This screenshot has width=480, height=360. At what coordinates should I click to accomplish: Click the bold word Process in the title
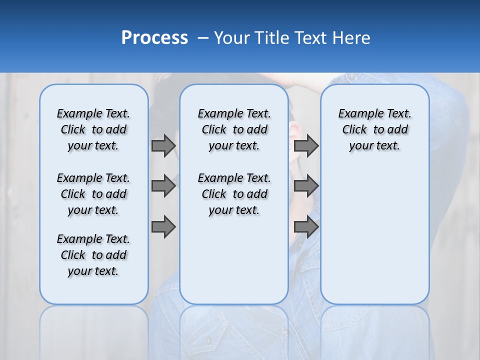[x=154, y=38]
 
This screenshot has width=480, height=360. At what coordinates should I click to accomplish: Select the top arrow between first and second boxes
[x=163, y=145]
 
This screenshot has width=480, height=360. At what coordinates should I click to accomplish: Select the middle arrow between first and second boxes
[x=163, y=186]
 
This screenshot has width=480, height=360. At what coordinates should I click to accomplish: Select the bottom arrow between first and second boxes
[x=163, y=227]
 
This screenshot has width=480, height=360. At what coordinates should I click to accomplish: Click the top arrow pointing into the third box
[x=306, y=145]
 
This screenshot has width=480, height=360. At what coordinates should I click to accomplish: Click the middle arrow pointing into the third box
[x=306, y=186]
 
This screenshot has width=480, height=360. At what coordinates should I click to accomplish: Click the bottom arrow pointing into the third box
[x=306, y=227]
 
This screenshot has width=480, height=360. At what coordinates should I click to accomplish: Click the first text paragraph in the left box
[x=93, y=129]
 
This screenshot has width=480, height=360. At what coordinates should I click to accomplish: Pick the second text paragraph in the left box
[x=93, y=194]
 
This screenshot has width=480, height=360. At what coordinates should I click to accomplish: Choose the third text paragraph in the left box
[x=93, y=255]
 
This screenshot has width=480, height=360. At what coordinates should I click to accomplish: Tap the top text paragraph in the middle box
[x=234, y=129]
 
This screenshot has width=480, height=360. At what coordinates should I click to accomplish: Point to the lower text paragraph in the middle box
[x=234, y=194]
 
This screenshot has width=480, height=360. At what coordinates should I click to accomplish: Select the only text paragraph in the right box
[x=374, y=129]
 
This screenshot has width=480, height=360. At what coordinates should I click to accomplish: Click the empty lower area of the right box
[x=374, y=235]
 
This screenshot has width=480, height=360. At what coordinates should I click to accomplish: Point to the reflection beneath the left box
[x=94, y=330]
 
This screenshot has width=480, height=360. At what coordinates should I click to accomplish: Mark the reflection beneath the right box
[x=374, y=330]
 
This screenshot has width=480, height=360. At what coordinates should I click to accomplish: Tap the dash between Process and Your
[x=202, y=38]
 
